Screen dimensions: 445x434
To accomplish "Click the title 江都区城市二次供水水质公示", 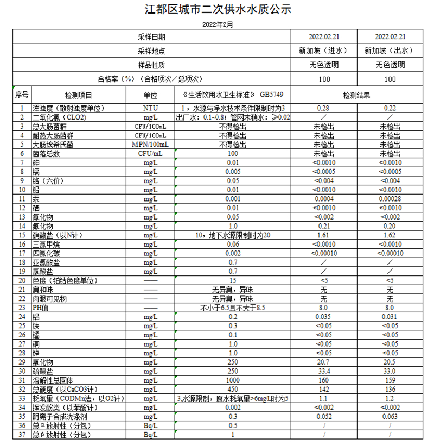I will [x=218, y=10].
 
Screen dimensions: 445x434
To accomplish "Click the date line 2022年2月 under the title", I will [x=217, y=25].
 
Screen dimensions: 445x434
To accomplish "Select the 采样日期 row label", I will [x=151, y=37].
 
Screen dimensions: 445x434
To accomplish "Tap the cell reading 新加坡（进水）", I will [x=324, y=51].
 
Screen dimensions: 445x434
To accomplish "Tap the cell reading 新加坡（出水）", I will [x=390, y=51].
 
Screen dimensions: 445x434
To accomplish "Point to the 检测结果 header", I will [x=356, y=95].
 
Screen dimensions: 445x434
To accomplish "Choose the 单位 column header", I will [x=150, y=95].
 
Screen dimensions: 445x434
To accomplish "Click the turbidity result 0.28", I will [x=324, y=108].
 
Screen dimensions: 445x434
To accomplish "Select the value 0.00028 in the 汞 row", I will [x=390, y=199].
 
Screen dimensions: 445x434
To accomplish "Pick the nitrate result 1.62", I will [x=390, y=235].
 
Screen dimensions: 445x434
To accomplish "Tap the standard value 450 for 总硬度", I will [x=233, y=389].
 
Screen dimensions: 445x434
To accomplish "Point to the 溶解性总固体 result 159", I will [x=390, y=380].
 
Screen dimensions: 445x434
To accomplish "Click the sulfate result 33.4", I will [x=324, y=371].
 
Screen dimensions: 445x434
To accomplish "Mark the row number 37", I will [x=22, y=435].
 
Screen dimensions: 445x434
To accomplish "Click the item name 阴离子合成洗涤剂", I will [x=60, y=416].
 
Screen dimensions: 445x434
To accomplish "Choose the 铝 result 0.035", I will [x=324, y=317].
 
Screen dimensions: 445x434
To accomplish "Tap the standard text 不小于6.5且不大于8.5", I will [x=233, y=308].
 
